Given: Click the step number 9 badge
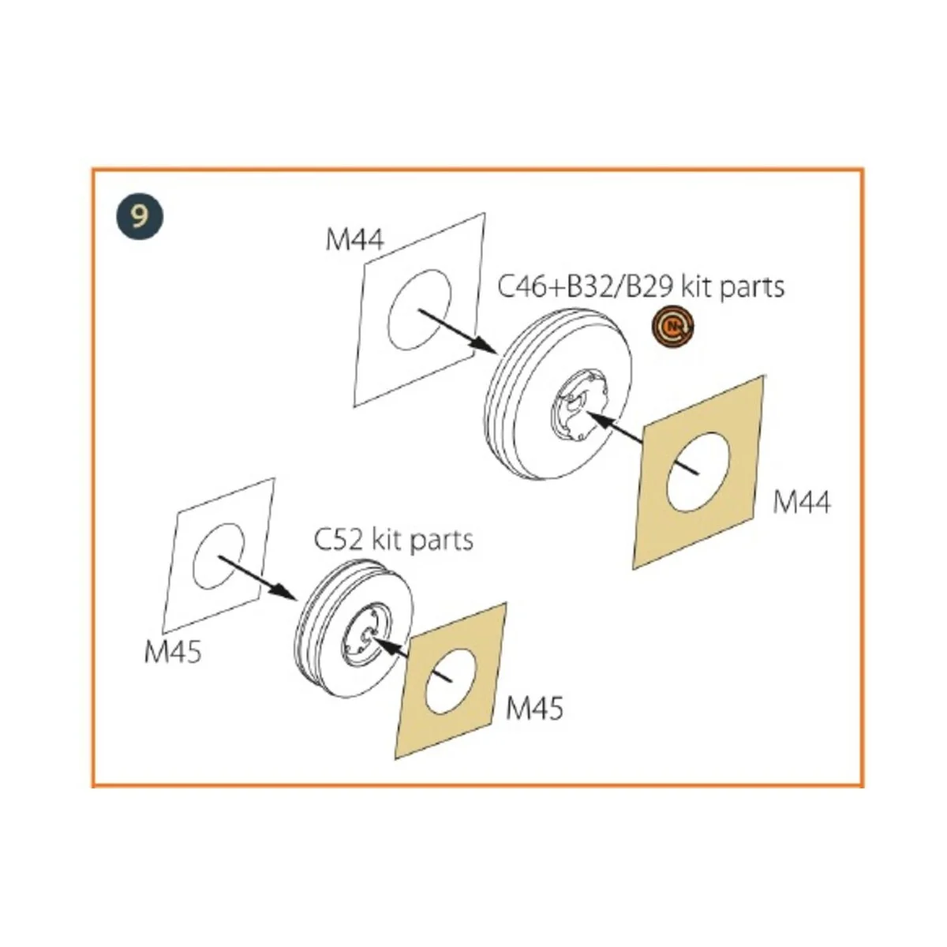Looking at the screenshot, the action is [x=140, y=217].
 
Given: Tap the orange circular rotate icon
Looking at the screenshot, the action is [x=673, y=326].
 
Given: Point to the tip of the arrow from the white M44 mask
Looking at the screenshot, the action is [x=497, y=352].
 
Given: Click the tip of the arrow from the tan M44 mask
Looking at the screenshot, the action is [x=586, y=412].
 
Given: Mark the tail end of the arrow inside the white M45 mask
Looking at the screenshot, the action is [x=219, y=557].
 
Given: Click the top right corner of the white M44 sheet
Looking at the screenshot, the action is [x=485, y=213].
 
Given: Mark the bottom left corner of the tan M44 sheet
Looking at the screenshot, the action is [x=634, y=570].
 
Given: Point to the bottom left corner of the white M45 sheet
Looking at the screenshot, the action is [x=163, y=632].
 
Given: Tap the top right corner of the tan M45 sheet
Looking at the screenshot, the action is [x=506, y=604].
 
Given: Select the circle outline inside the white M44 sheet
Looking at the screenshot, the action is [x=420, y=309].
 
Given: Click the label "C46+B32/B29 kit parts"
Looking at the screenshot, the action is [x=641, y=287].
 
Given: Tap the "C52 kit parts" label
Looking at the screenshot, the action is [x=393, y=540].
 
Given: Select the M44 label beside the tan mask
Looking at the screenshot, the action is [x=802, y=502].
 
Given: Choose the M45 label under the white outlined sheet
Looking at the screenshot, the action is [x=173, y=653].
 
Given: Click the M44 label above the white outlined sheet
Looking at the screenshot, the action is [x=354, y=241].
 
